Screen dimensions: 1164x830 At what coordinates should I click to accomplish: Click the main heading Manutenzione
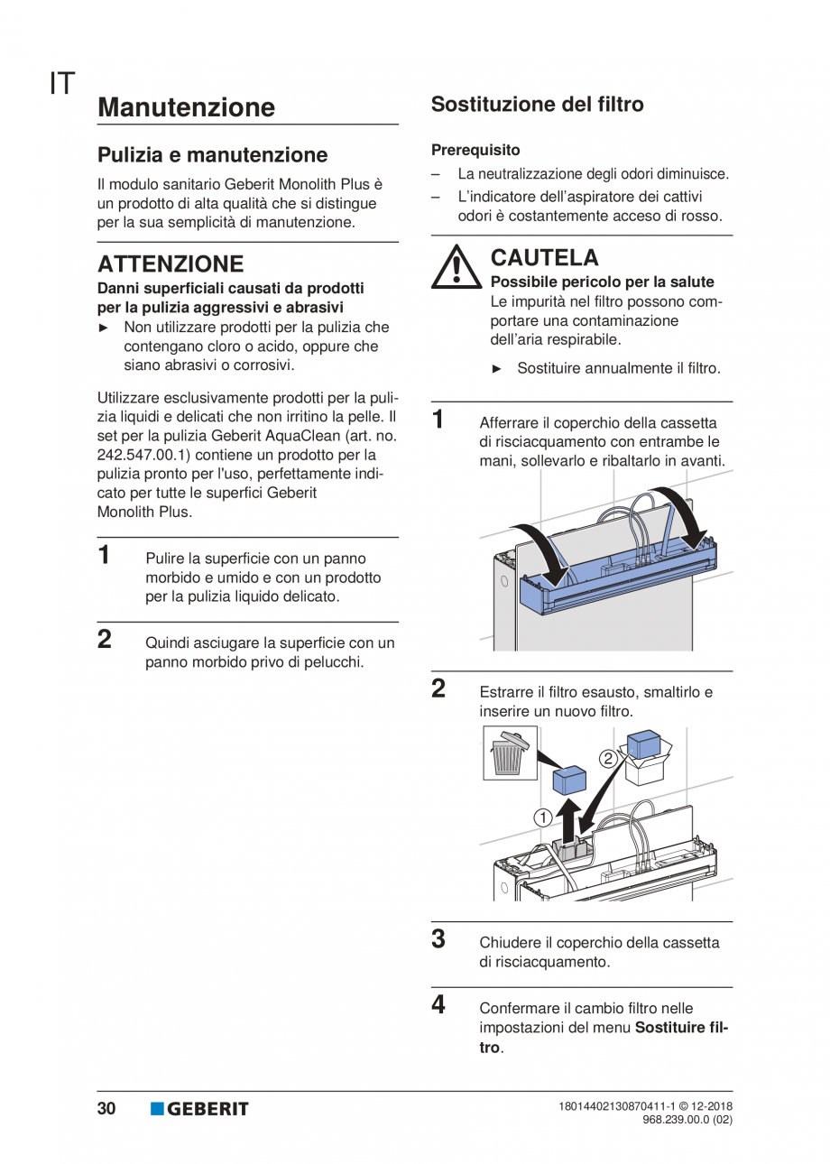tap(186, 107)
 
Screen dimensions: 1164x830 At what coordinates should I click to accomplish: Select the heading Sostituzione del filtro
tap(537, 105)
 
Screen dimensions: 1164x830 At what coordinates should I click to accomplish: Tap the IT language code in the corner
tap(62, 84)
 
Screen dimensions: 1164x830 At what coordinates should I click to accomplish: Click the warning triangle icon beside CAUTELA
tap(456, 267)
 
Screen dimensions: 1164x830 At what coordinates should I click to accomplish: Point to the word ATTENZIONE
tap(171, 264)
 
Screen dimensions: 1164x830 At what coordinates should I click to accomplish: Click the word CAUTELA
tap(544, 258)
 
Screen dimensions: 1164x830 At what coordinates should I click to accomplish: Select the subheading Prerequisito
tap(475, 150)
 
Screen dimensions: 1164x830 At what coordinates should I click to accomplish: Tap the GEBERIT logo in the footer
tap(199, 1109)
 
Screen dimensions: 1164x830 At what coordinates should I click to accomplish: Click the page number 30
tap(106, 1109)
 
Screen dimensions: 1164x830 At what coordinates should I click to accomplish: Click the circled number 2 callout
tap(608, 758)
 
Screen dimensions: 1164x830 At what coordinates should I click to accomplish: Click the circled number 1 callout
tap(542, 818)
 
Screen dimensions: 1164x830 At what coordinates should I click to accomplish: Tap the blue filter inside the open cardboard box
tap(645, 744)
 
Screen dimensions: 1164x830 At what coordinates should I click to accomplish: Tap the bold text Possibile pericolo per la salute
tap(602, 282)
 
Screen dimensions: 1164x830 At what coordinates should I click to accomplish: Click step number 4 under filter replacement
tap(438, 1004)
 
